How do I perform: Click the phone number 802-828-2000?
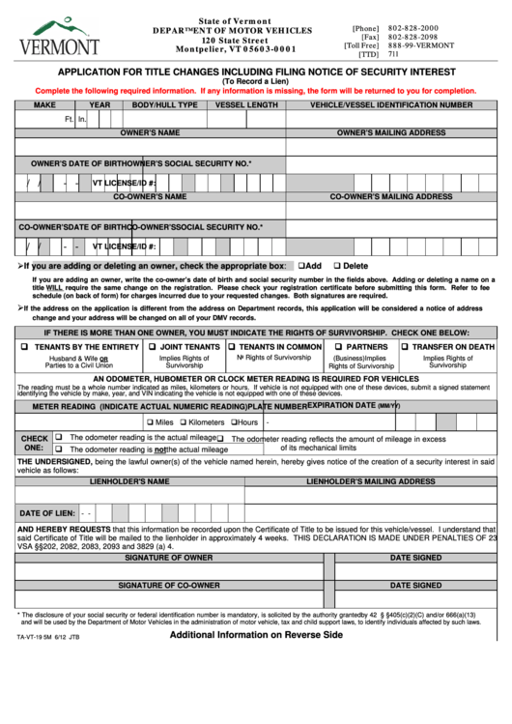click(x=413, y=29)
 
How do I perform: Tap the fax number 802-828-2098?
click(x=413, y=38)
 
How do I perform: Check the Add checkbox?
click(x=301, y=266)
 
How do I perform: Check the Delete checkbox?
click(x=337, y=266)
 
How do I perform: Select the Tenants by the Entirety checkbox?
click(x=23, y=346)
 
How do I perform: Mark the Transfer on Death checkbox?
click(x=404, y=346)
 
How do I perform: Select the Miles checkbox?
click(x=150, y=422)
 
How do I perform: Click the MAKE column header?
click(x=44, y=104)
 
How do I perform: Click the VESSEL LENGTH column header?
click(x=246, y=104)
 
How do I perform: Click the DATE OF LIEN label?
click(x=47, y=512)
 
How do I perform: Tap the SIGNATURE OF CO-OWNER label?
click(x=169, y=585)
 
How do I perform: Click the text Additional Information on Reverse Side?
click(x=256, y=635)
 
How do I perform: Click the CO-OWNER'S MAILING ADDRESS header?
click(x=391, y=196)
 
